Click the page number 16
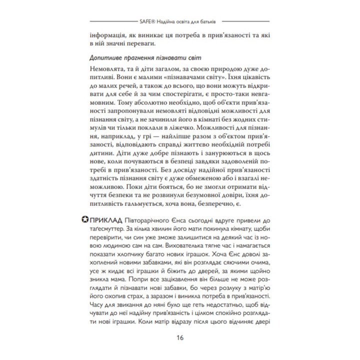[x=180, y=337]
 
